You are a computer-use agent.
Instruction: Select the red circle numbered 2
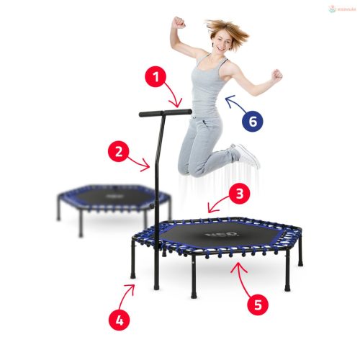click(119, 152)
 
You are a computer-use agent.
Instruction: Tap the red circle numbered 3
click(240, 194)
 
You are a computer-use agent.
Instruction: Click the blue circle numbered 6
click(252, 121)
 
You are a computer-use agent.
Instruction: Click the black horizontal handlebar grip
click(166, 112)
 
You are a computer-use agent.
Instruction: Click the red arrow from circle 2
click(140, 163)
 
